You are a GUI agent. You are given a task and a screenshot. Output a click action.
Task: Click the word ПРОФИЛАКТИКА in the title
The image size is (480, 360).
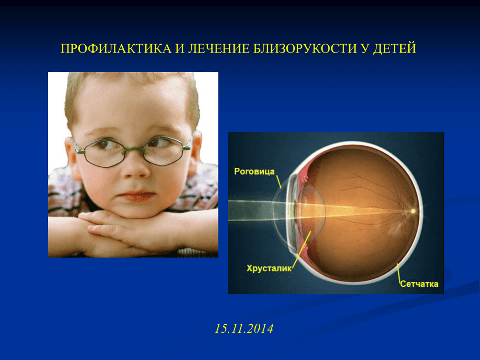[x=116, y=49]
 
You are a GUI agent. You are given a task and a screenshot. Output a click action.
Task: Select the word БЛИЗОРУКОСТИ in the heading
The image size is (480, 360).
[x=305, y=49]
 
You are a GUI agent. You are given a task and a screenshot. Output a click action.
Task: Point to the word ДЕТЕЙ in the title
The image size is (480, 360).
[x=395, y=49]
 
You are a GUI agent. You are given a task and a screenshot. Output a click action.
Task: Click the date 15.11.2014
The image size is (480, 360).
[x=244, y=329]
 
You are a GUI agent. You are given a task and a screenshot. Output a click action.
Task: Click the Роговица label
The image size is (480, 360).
[x=254, y=171]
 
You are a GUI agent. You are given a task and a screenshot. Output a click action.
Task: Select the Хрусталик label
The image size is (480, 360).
[x=269, y=268]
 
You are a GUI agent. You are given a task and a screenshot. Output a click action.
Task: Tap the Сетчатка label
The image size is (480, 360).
[x=419, y=284]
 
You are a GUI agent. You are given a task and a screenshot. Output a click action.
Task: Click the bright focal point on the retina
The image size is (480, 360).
[x=412, y=211]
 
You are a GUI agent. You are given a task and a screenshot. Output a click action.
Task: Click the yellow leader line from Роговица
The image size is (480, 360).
[x=278, y=181]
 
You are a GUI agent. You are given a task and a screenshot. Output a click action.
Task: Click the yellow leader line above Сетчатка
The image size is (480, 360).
[x=399, y=272]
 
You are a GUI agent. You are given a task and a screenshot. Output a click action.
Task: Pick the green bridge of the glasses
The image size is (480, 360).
[x=134, y=150]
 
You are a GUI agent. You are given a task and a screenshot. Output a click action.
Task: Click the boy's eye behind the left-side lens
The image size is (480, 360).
[x=103, y=144]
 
